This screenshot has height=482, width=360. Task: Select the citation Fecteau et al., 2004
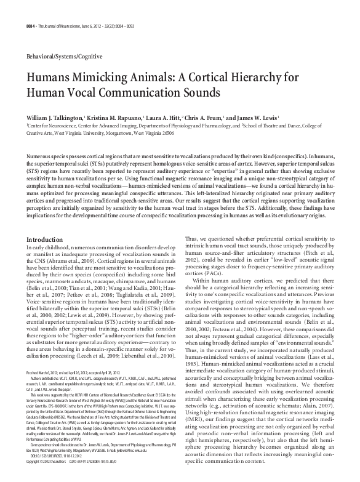(x=250, y=343)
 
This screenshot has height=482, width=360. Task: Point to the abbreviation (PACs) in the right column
(x=207, y=276)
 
